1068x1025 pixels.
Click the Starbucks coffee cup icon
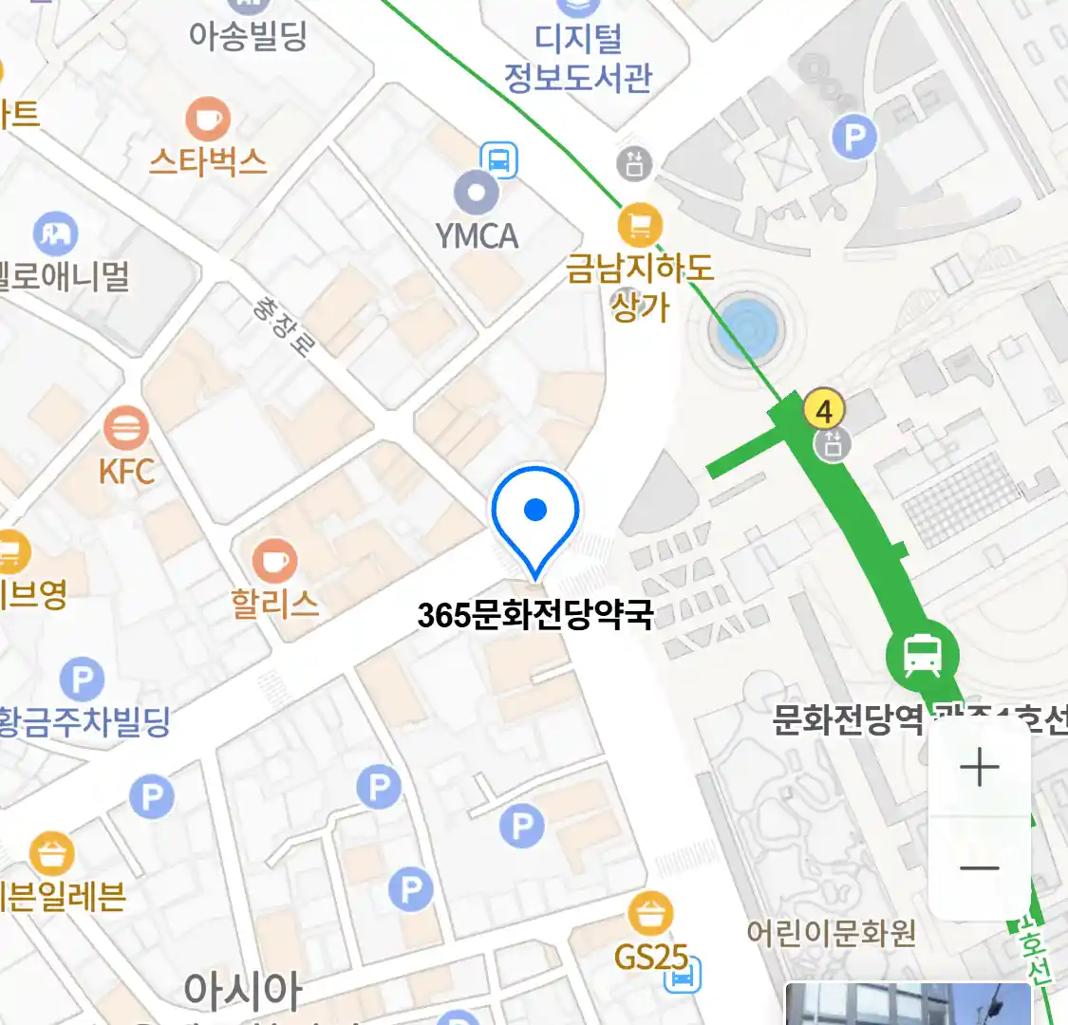point(207,120)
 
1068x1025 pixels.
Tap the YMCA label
point(477,235)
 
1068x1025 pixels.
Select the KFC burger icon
point(125,429)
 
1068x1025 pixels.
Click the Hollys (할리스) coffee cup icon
point(274,561)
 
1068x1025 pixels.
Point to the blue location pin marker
point(535,517)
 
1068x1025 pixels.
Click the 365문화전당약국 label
point(535,615)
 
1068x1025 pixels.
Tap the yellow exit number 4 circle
point(824,411)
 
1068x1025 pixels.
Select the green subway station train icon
point(922,655)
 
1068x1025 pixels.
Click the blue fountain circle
point(747,329)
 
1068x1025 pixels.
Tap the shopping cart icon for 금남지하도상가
point(640,226)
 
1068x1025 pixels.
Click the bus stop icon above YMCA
point(499,159)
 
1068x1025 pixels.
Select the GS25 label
point(650,957)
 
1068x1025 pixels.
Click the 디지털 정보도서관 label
point(578,59)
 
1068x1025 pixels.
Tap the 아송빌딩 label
point(248,35)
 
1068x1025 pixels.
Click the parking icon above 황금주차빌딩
point(82,680)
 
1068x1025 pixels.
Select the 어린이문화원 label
point(831,933)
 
